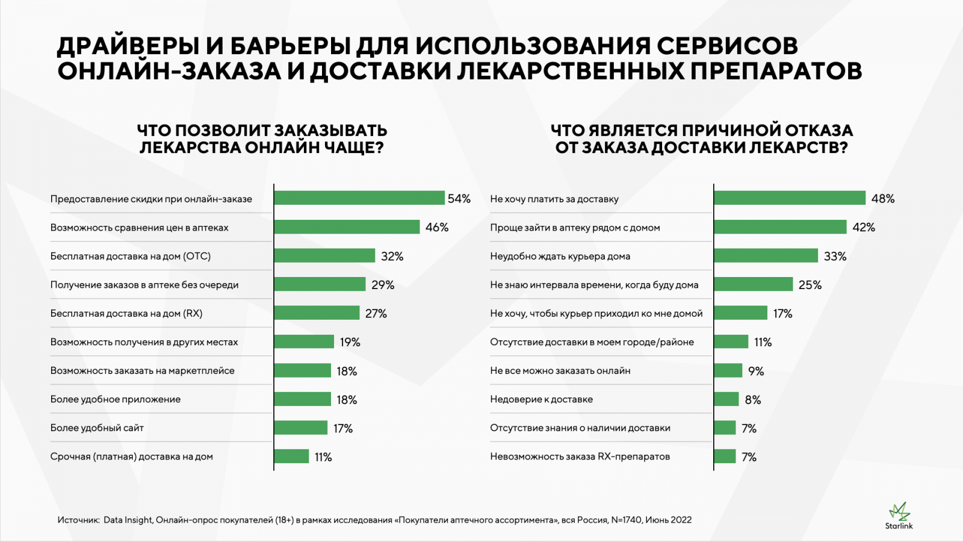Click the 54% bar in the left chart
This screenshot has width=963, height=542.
click(359, 198)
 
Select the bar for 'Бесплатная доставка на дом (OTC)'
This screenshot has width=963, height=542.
click(324, 256)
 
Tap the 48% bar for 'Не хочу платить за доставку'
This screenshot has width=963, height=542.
click(790, 198)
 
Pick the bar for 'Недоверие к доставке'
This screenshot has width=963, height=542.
click(726, 399)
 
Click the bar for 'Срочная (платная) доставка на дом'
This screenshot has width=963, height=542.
click(291, 456)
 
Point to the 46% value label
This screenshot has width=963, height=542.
click(437, 228)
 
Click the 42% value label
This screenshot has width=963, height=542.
click(864, 228)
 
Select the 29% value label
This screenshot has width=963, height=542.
click(383, 285)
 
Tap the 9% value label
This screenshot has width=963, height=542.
click(756, 371)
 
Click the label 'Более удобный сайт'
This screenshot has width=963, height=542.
click(97, 428)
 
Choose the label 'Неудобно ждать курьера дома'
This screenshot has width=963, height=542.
click(560, 257)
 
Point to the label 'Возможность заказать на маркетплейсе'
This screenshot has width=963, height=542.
click(142, 371)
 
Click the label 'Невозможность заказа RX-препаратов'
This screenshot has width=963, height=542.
click(580, 456)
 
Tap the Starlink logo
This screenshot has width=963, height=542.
click(899, 516)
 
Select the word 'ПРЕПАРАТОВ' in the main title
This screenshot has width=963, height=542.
click(776, 71)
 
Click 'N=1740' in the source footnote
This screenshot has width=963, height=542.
click(627, 520)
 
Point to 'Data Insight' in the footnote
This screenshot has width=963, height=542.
click(128, 520)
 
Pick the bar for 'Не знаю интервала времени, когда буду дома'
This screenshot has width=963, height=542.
click(754, 285)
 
